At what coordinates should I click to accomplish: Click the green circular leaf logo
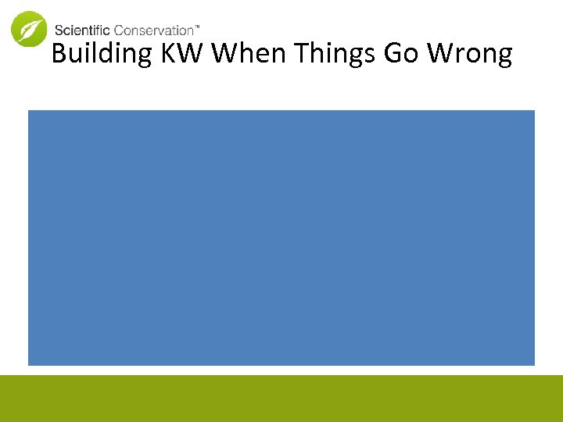pyautogui.click(x=29, y=29)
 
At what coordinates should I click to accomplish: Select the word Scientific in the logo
pyautogui.click(x=82, y=30)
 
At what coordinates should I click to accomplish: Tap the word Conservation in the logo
pyautogui.click(x=153, y=30)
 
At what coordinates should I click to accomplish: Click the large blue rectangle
pyautogui.click(x=281, y=238)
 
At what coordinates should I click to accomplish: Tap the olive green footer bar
pyautogui.click(x=281, y=399)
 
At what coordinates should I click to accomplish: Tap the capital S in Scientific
pyautogui.click(x=59, y=30)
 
